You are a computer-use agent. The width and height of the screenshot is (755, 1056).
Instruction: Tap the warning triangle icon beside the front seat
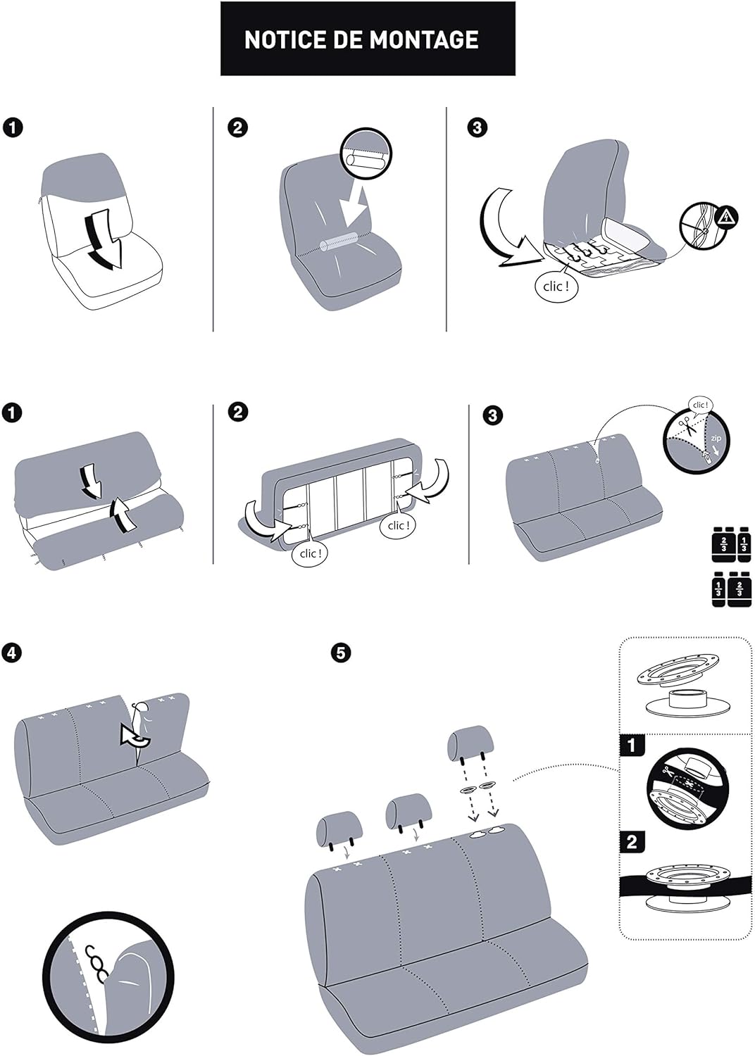(727, 218)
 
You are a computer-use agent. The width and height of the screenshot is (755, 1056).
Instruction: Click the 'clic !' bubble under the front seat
(556, 286)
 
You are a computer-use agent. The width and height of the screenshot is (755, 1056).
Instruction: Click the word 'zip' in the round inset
(716, 439)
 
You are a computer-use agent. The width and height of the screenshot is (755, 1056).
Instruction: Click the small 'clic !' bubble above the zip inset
(700, 405)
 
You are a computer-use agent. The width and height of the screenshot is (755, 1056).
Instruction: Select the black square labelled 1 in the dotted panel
(631, 746)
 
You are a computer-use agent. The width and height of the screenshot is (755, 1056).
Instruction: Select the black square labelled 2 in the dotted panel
(631, 841)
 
